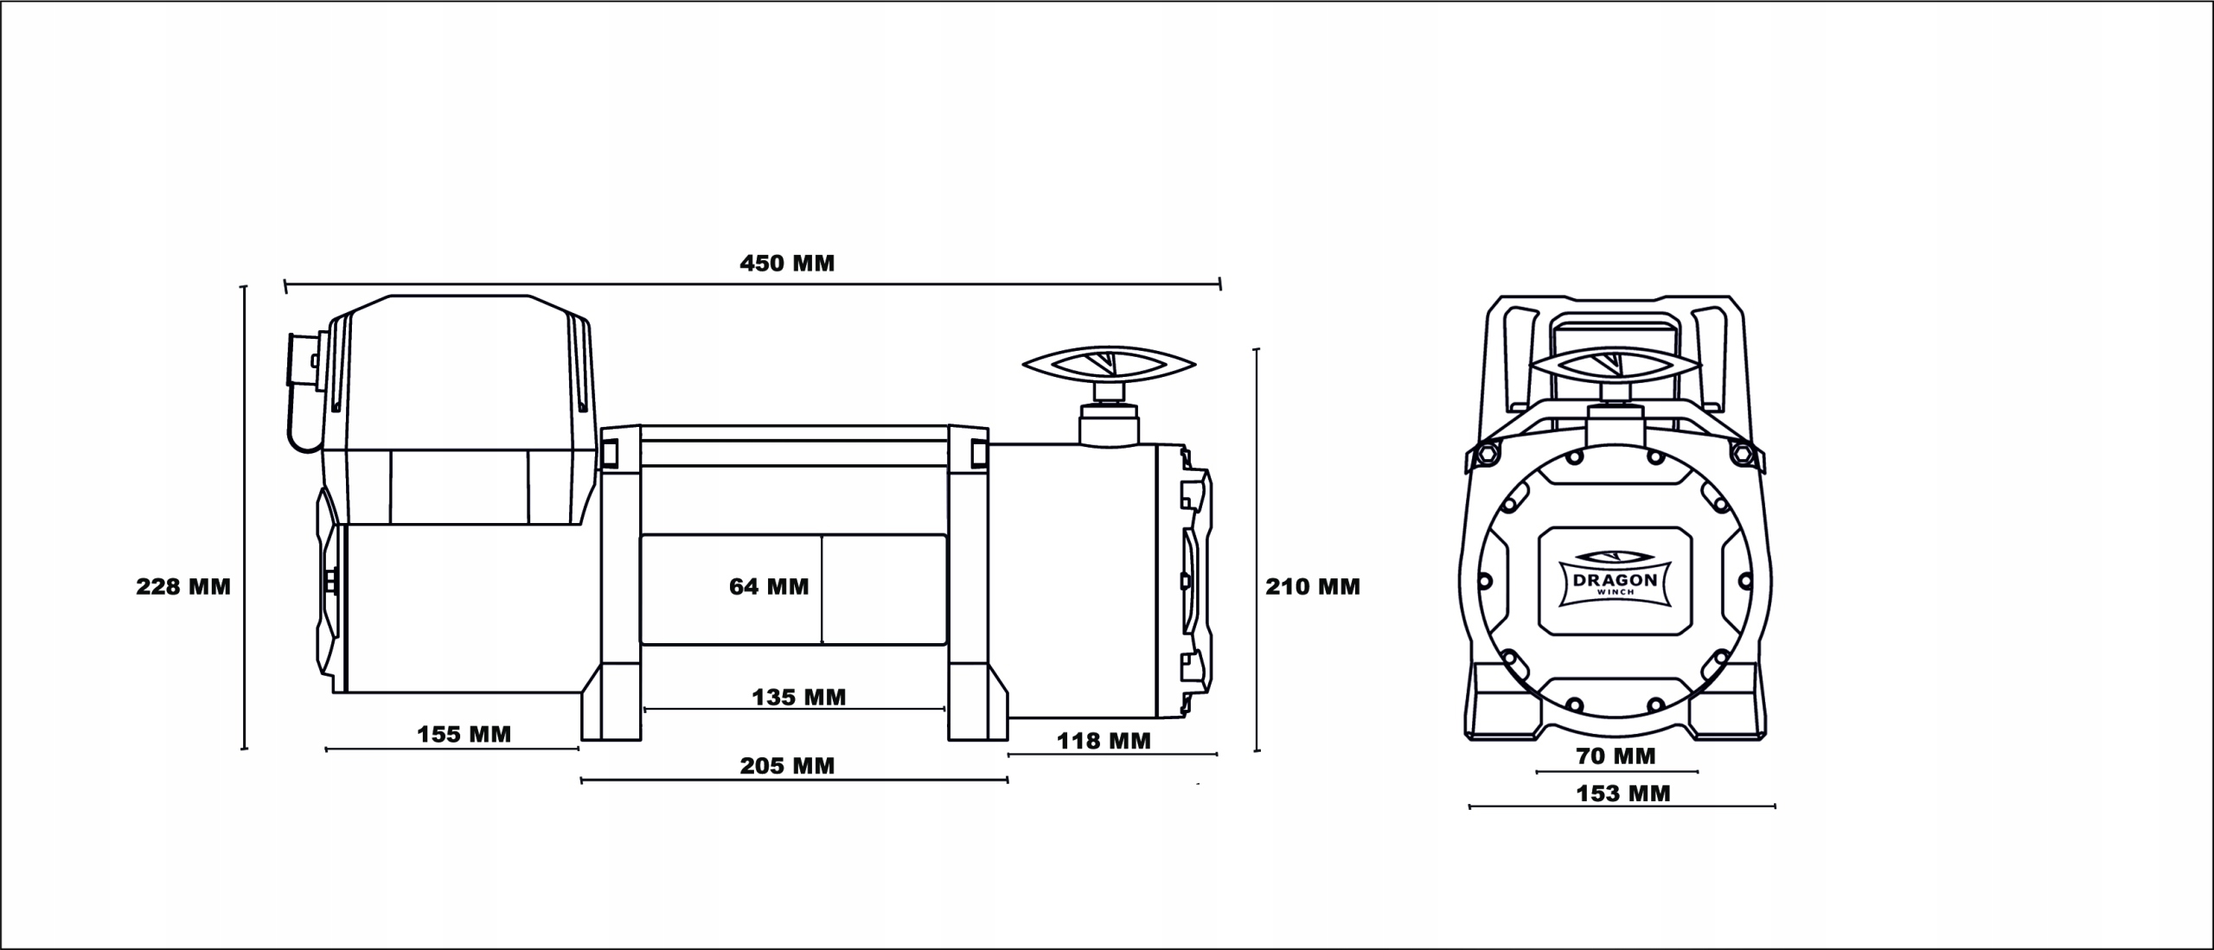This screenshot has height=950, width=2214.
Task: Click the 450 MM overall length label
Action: click(787, 264)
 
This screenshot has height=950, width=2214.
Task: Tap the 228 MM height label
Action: click(183, 587)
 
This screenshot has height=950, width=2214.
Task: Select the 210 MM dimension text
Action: click(1313, 587)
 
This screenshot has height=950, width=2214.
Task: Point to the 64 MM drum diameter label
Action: click(769, 587)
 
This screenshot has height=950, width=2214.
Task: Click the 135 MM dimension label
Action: click(798, 697)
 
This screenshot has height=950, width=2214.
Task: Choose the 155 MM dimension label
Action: click(464, 735)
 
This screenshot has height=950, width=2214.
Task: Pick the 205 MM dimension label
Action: click(787, 766)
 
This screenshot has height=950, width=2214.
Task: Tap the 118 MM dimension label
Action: click(1104, 741)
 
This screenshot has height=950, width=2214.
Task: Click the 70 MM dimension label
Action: click(1616, 756)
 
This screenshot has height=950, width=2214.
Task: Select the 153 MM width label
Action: click(1623, 794)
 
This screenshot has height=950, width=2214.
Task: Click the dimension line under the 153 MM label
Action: click(1622, 807)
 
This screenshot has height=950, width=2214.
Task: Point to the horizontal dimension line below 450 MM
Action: click(752, 282)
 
